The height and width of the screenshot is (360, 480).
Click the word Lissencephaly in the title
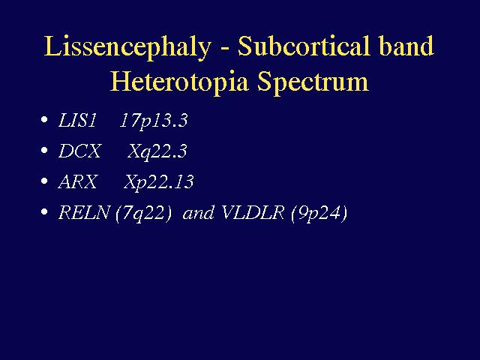point(127,47)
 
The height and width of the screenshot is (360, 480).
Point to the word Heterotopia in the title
point(179,82)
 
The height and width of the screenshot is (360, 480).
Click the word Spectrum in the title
point(313,82)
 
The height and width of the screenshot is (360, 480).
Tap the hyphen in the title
point(224,49)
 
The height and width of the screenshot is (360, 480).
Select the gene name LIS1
point(77,120)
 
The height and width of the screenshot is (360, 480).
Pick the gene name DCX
point(79,151)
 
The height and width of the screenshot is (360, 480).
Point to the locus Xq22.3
point(157,151)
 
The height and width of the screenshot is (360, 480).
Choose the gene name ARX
point(78,181)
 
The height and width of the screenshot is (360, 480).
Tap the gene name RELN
point(84,212)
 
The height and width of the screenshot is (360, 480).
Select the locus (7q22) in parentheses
point(143,213)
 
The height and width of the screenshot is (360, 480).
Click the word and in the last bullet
point(198,213)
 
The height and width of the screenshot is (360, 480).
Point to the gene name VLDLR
point(253,212)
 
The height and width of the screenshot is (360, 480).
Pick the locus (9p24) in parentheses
point(319,213)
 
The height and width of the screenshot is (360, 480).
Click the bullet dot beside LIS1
point(44,119)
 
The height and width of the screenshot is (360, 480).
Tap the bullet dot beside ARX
point(44,181)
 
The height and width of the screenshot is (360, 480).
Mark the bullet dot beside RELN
point(44,211)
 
